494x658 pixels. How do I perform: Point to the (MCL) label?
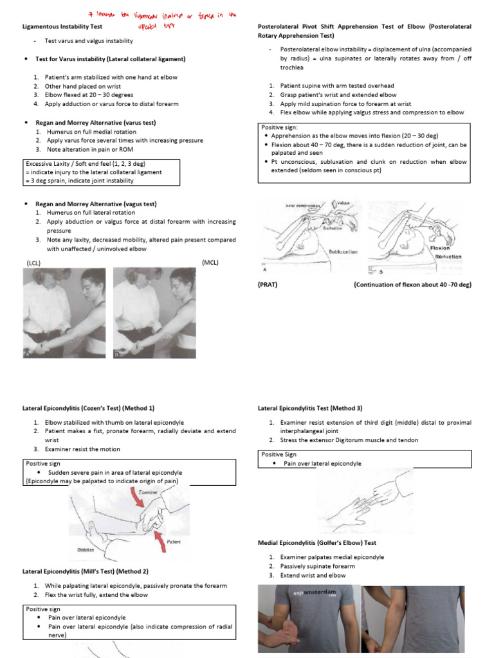pos(210,262)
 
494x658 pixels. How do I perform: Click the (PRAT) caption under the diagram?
pos(268,284)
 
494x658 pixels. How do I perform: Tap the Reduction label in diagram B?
pos(448,256)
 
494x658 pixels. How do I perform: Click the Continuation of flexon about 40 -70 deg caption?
pos(412,284)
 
